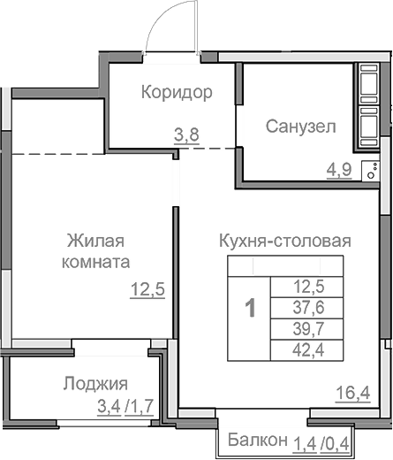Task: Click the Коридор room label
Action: (x=177, y=91)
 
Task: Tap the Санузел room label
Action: (x=300, y=126)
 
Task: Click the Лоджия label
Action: (x=95, y=384)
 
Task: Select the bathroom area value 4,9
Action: (x=340, y=169)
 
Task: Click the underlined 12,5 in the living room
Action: (x=148, y=289)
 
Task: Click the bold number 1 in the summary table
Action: (x=251, y=308)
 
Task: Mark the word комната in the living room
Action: (x=96, y=262)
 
